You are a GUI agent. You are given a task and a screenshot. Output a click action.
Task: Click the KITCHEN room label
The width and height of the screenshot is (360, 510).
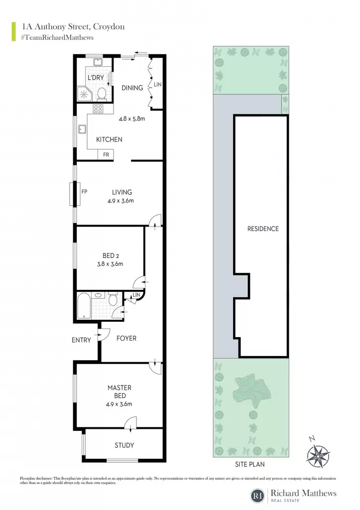[x=109, y=139]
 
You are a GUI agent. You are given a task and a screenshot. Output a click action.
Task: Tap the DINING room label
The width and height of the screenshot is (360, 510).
[x=132, y=88]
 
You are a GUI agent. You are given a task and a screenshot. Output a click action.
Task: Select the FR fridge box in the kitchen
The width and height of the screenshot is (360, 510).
[x=106, y=155]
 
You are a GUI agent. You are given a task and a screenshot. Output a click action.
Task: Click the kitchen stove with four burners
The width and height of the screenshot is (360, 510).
[x=98, y=108]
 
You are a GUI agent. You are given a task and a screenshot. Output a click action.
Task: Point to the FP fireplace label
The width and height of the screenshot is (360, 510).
[x=84, y=192]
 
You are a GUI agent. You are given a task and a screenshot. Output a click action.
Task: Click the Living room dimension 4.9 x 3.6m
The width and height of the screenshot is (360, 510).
[x=120, y=201]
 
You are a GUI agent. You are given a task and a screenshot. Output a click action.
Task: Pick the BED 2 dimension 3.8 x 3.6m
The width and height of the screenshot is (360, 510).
[x=110, y=264]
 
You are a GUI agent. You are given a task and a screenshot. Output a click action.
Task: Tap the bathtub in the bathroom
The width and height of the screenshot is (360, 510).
[x=84, y=306]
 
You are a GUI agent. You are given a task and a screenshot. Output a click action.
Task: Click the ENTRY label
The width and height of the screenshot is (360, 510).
[x=81, y=340]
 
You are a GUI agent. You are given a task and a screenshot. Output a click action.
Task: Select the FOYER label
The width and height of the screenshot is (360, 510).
[x=126, y=338]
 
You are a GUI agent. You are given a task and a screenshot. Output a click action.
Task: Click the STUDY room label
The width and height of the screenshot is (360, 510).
[x=124, y=445]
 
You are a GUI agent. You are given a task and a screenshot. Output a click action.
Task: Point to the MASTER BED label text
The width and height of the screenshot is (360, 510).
[x=120, y=391]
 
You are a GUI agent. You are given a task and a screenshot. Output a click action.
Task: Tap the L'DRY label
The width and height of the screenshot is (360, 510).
[x=96, y=77]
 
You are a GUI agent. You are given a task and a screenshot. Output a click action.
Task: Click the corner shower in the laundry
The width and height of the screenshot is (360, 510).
[x=84, y=94]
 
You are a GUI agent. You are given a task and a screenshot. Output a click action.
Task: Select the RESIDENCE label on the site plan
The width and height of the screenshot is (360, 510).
[x=263, y=229]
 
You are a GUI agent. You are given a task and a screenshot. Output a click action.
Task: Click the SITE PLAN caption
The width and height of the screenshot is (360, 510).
[x=250, y=465]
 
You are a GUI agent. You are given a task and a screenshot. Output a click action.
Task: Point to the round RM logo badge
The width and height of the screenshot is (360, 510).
[x=258, y=496]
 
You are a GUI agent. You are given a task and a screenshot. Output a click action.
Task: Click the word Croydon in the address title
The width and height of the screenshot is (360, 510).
[x=109, y=27]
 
